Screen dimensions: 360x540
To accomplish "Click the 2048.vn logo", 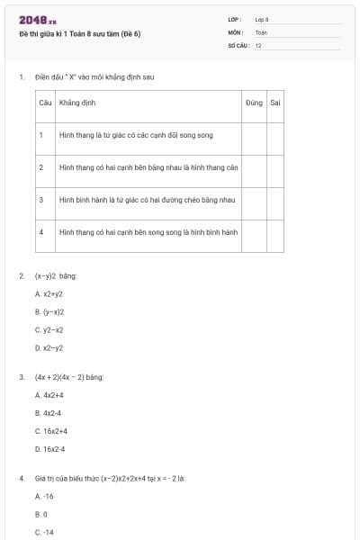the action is tap(38, 19).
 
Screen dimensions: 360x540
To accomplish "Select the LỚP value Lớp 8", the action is tap(262, 19).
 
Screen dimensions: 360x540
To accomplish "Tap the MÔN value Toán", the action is tap(261, 31).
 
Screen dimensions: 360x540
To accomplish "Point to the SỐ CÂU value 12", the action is tap(258, 44).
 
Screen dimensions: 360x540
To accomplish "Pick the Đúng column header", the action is tap(254, 103).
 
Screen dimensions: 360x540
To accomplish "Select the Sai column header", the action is tap(275, 103).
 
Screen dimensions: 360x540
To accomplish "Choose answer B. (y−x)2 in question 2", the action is tap(49, 311).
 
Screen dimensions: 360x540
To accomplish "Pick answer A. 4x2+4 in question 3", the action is tap(49, 395).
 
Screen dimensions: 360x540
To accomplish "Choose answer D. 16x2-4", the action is tap(49, 448).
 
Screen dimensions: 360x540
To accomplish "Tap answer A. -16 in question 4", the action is tap(44, 496).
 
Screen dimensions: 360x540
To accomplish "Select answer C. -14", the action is tap(44, 532).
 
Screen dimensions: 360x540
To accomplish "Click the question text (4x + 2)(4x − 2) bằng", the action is tap(69, 377).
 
